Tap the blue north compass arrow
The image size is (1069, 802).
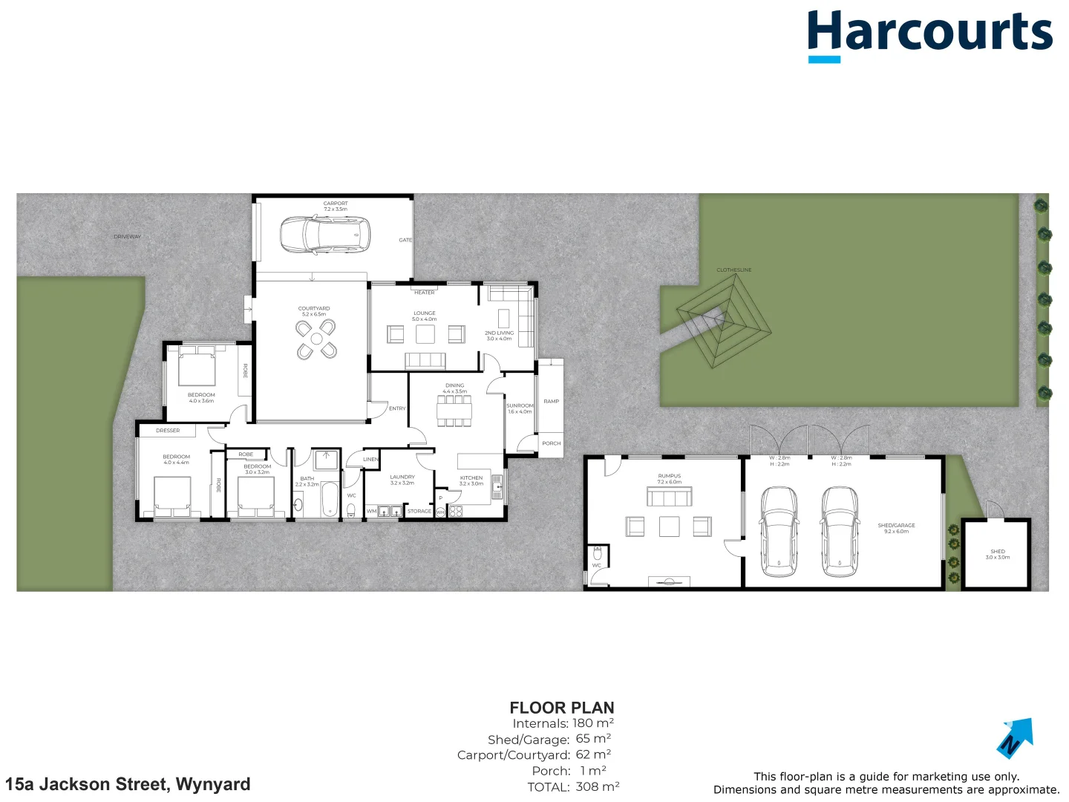1015,737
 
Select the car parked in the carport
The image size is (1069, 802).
324,235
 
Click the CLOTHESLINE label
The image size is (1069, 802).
733,270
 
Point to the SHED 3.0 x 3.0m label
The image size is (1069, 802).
997,554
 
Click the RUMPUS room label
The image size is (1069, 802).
669,479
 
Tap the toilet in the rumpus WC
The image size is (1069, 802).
598,554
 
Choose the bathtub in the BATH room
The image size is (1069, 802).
329,501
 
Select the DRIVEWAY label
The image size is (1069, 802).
127,237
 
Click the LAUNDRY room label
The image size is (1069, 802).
402,480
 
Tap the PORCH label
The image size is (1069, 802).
551,443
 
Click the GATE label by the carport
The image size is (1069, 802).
405,240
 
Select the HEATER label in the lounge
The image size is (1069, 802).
425,293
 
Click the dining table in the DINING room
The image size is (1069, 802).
454,411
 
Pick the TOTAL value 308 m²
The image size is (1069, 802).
597,786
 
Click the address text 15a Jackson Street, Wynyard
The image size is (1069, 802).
128,784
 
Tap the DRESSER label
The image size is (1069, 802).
168,431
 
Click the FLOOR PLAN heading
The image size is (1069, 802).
561,708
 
